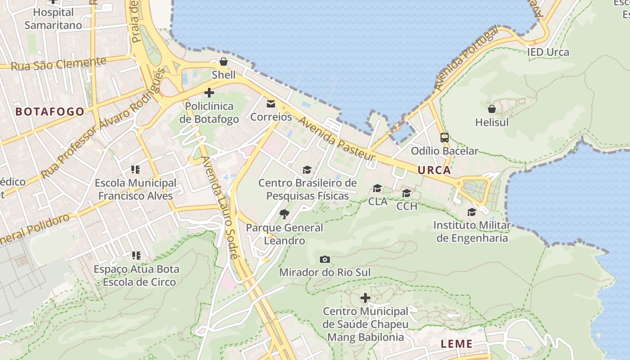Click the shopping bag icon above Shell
coord(223,62)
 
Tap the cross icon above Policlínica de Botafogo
coord(209,93)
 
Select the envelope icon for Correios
coord(271,104)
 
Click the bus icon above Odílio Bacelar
coord(444,138)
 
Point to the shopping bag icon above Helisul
coord(492,109)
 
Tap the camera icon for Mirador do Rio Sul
coord(324,260)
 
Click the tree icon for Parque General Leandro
coord(284,214)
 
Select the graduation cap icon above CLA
coord(377,188)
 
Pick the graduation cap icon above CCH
coord(406,193)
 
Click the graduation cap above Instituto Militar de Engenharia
coord(472,212)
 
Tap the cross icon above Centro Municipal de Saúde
coord(365,298)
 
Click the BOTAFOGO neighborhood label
coord(50,112)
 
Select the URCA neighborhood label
coord(434,170)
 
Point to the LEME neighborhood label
coord(456,344)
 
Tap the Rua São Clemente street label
coord(58,64)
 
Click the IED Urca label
coord(548,52)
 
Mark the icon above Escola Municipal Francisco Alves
coord(135,170)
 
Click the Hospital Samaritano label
coord(53,19)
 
